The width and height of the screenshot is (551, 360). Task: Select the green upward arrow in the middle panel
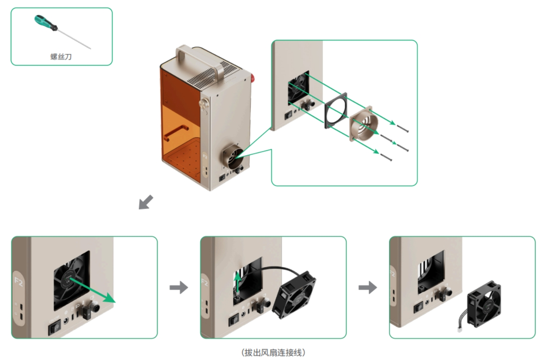[x=238, y=281]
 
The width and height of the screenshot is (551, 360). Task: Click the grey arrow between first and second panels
[x=178, y=287]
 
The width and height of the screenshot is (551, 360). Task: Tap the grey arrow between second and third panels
[x=367, y=287]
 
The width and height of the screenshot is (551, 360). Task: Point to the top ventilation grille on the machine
[x=212, y=74]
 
